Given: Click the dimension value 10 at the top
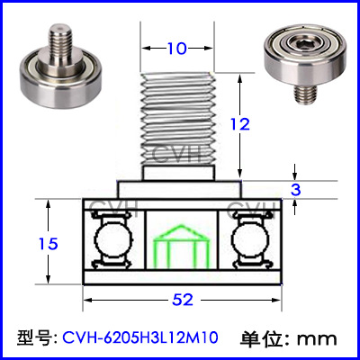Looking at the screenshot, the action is tap(177, 49).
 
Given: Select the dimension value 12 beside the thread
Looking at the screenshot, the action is tap(240, 124).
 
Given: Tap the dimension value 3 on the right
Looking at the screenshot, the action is tap(296, 190).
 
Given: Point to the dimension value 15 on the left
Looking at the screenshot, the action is tap(49, 244).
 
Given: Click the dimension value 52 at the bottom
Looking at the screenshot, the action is tap(183, 300).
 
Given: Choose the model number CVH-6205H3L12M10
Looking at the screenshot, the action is tap(140, 337).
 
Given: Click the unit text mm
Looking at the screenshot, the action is tap(317, 339).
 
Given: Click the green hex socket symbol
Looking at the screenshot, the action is tap(181, 246).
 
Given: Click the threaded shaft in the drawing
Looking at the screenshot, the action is tap(177, 119).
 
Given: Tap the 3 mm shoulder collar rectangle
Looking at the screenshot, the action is tap(180, 190).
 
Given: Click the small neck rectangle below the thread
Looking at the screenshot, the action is tap(179, 173).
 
